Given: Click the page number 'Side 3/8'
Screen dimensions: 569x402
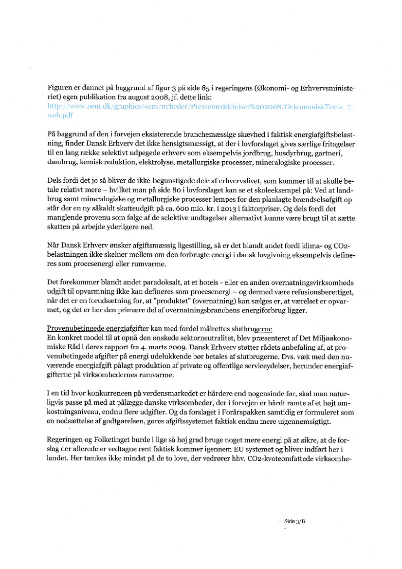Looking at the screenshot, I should point(294,520).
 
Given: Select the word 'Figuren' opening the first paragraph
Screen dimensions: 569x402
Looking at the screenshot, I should point(60,88).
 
